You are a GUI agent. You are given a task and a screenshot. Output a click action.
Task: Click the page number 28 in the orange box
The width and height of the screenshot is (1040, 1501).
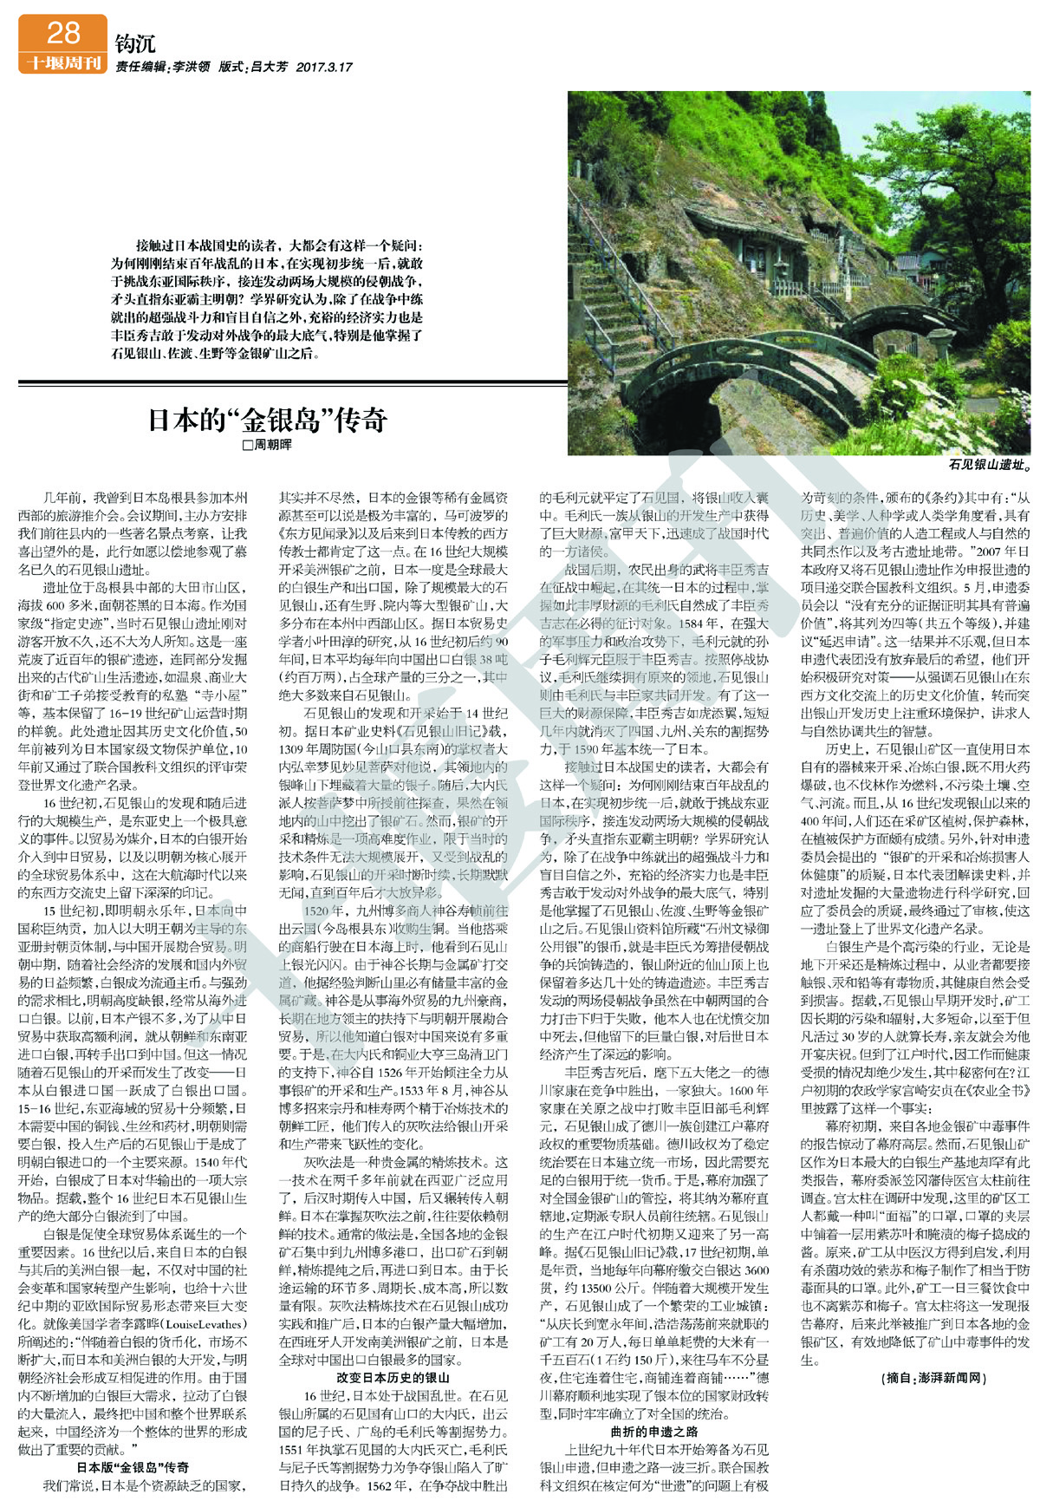pos(62,33)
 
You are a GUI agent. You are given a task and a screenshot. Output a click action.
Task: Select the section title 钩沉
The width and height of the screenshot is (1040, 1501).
pos(134,44)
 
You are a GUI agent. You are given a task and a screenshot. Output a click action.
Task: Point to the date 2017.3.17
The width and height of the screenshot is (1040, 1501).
pos(324,67)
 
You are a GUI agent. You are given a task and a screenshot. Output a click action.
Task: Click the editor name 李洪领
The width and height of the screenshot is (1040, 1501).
pos(192,67)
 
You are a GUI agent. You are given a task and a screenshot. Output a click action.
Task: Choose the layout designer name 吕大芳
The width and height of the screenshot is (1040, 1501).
pos(269,67)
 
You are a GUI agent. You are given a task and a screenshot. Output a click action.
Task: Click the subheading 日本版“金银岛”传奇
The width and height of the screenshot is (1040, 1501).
pos(133,1467)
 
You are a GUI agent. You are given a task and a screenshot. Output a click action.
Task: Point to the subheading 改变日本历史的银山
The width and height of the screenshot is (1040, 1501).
pos(393,1377)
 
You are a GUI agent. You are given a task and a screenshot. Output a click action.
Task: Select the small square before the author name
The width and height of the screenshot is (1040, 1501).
pos(247,445)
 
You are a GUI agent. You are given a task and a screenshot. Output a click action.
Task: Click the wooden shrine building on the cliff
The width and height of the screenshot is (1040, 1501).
pos(763,251)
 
